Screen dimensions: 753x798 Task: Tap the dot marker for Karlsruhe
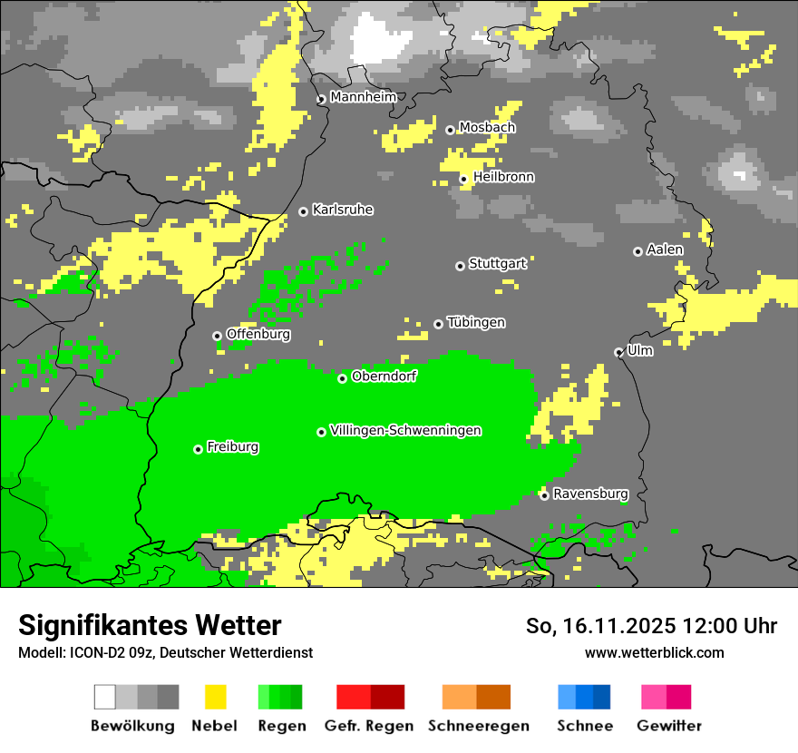pos(304,211)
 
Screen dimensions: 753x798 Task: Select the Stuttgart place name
pos(497,264)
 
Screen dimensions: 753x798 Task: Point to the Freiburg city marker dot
pos(198,449)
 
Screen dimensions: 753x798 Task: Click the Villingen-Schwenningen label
pos(405,430)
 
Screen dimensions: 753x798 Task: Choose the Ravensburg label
pos(590,494)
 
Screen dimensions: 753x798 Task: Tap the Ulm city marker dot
pos(618,352)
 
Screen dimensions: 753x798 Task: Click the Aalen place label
pos(665,249)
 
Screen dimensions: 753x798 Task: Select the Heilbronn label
pos(503,177)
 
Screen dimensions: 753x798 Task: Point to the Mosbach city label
pos(487,128)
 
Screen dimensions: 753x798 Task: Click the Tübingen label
pos(476,322)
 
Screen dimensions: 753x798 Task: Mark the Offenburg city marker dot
pos(217,336)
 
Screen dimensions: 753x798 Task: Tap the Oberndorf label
pos(384,376)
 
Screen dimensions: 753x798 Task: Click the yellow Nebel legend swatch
pos(215,697)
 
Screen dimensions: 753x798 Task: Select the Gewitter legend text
pos(668,726)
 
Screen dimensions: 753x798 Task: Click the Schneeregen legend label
pos(478,726)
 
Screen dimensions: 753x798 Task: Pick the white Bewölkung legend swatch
pos(105,697)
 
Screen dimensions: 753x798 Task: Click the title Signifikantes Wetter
pos(150,625)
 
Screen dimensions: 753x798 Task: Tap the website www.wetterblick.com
pos(654,652)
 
